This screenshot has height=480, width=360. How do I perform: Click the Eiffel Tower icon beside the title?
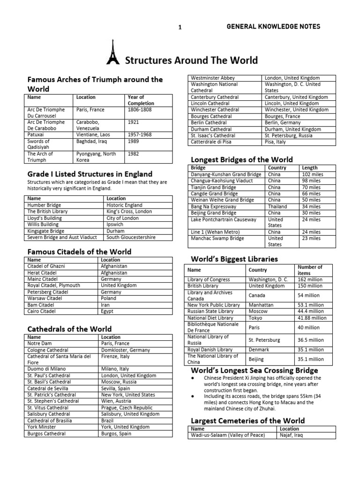(x=112, y=53)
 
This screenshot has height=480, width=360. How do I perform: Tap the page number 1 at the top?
(x=180, y=27)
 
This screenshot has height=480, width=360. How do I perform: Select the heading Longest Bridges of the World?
(x=241, y=159)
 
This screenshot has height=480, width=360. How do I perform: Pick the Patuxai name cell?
(x=37, y=135)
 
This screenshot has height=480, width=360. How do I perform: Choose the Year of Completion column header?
(x=141, y=100)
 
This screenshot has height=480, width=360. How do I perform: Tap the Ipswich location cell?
(x=115, y=225)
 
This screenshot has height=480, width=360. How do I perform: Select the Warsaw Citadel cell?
(x=45, y=298)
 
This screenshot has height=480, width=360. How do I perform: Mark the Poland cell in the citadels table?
(x=108, y=298)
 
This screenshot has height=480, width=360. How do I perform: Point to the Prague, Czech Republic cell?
(x=127, y=408)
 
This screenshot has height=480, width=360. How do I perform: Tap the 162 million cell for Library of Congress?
(x=310, y=279)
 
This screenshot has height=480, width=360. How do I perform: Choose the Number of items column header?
(x=310, y=270)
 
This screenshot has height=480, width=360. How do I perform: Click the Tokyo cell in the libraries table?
(x=255, y=318)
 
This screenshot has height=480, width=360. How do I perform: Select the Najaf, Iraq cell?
(x=292, y=435)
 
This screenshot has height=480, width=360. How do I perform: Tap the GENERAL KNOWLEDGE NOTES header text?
(x=273, y=27)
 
